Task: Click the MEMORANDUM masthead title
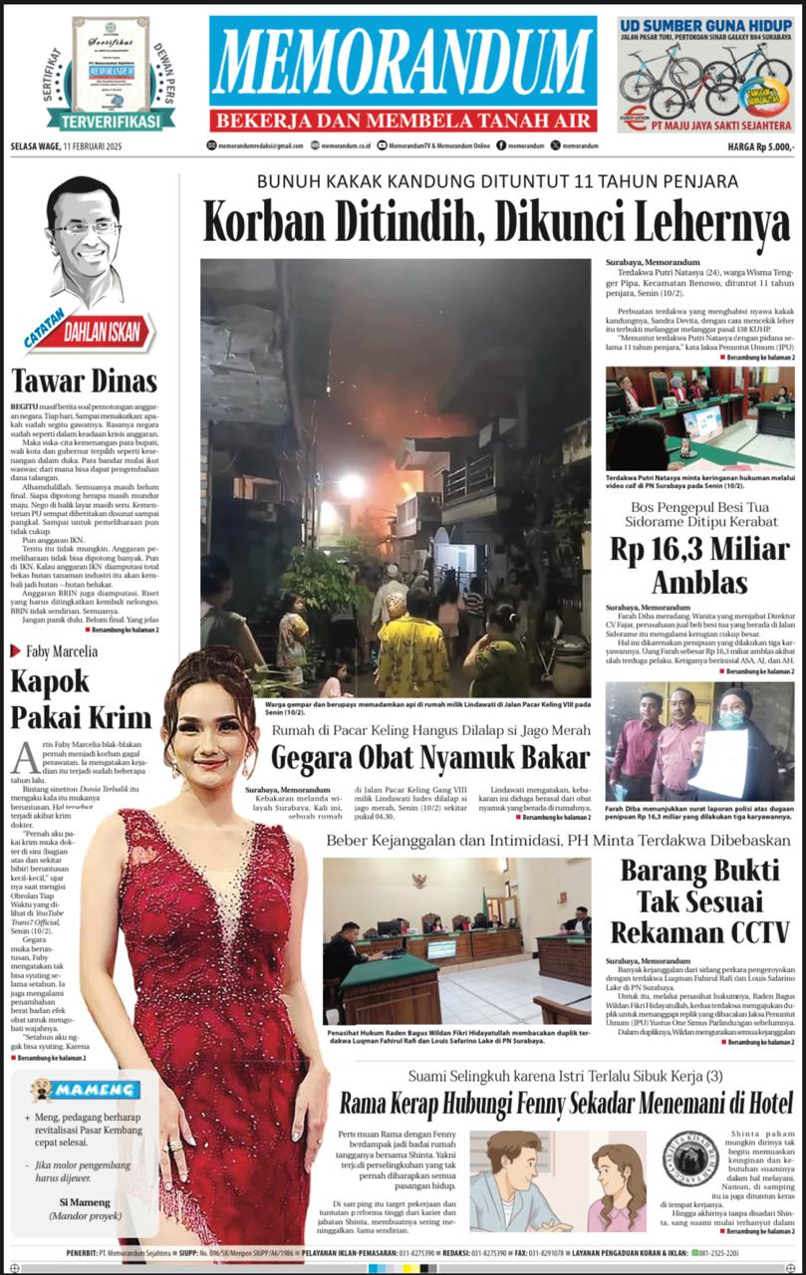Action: [x=403, y=63]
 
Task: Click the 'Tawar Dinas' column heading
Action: [x=85, y=381]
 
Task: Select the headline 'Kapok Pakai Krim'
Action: [x=80, y=698]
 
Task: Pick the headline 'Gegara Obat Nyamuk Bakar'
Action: [x=431, y=758]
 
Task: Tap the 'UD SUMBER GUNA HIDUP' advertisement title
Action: [x=704, y=26]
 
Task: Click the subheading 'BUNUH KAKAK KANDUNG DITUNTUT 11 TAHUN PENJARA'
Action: [x=497, y=181]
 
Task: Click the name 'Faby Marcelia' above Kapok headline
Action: [x=61, y=651]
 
